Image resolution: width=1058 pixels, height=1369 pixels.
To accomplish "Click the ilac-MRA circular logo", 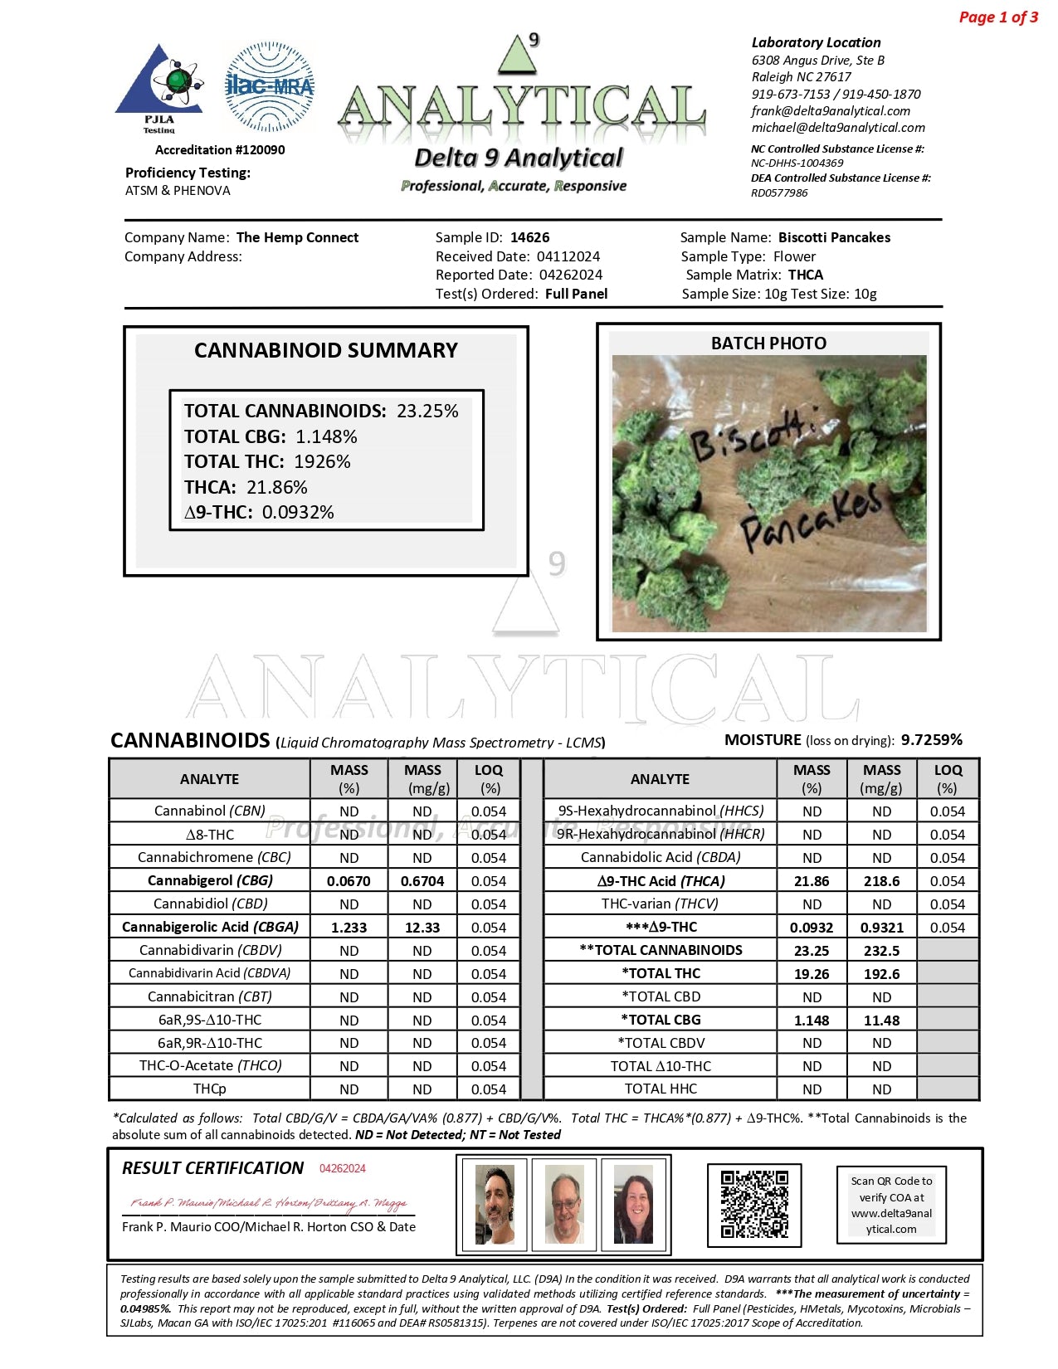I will pyautogui.click(x=270, y=86).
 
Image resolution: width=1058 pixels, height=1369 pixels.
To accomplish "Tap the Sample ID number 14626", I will pyautogui.click(x=530, y=237).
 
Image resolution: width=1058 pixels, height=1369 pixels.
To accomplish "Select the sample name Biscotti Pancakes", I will pyautogui.click(x=834, y=237).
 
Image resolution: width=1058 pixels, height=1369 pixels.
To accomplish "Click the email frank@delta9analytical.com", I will pyautogui.click(x=831, y=110).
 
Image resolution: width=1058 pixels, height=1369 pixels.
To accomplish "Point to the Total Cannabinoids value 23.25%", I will pyautogui.click(x=427, y=411).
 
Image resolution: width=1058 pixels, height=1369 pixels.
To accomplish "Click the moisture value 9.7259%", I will pyautogui.click(x=932, y=739).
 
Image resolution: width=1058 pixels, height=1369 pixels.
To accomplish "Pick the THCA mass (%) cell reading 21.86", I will pyautogui.click(x=812, y=881).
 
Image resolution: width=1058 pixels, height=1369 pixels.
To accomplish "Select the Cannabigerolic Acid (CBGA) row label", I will pyautogui.click(x=210, y=927).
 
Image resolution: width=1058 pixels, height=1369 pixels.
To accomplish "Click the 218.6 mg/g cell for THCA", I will pyautogui.click(x=881, y=881).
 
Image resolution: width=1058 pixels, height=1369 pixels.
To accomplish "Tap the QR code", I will pyautogui.click(x=754, y=1205).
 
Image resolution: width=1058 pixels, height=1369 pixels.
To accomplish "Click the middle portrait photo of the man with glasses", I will pyautogui.click(x=564, y=1205).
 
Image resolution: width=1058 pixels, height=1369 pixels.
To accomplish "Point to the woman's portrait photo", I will pyautogui.click(x=633, y=1205).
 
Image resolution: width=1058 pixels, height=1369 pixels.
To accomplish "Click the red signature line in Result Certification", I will pyautogui.click(x=268, y=1203).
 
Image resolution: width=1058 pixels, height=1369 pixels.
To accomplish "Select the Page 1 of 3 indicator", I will pyautogui.click(x=998, y=17).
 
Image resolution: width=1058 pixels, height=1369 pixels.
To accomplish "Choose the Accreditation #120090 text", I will pyautogui.click(x=220, y=150).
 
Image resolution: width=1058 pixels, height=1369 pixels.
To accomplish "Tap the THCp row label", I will pyautogui.click(x=209, y=1089).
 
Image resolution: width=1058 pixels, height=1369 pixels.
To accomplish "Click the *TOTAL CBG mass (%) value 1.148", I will pyautogui.click(x=812, y=1021).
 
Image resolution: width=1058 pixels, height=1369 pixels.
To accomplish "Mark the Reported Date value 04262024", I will pyautogui.click(x=571, y=275).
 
